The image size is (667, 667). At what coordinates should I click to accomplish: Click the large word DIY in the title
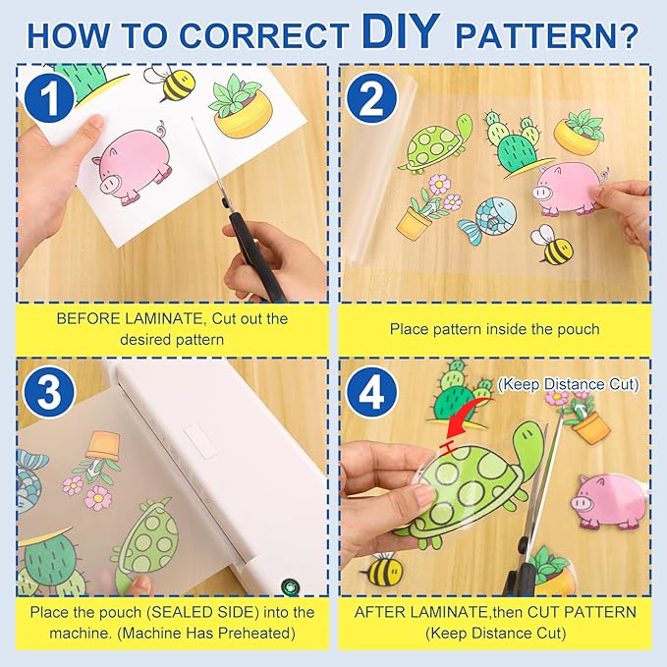click(x=400, y=31)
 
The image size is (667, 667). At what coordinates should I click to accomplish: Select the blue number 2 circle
click(x=371, y=97)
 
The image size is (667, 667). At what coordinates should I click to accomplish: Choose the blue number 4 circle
click(x=371, y=392)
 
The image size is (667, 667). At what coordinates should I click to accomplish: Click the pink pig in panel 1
click(x=133, y=165)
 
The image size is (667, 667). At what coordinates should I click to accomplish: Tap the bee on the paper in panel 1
click(x=171, y=83)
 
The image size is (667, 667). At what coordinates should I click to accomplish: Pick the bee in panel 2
click(x=553, y=245)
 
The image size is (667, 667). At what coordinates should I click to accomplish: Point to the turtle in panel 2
click(x=437, y=144)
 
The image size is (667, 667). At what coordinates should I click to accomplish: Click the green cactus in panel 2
click(x=516, y=143)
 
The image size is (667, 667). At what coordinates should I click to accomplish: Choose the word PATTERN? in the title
click(x=547, y=35)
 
